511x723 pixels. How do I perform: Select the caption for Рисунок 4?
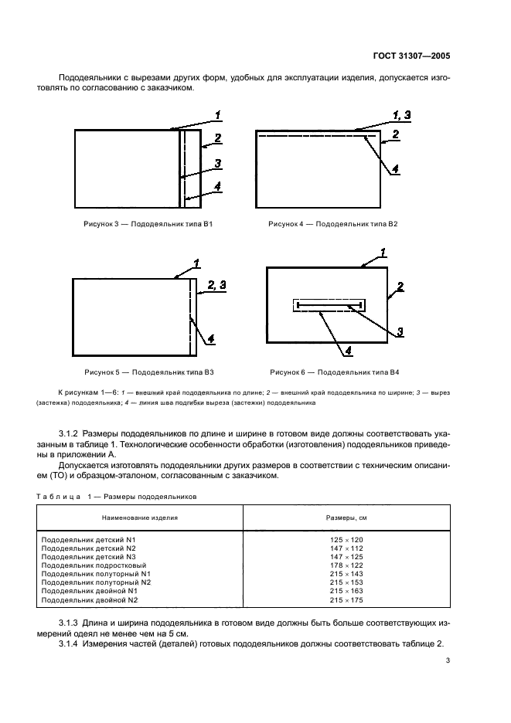[332, 224]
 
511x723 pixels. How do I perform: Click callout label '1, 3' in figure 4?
[402, 115]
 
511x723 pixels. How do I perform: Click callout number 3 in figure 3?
[218, 163]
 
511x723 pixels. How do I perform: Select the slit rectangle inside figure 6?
[329, 306]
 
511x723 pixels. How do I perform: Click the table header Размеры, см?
[345, 517]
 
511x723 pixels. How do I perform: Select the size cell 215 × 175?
[346, 599]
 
